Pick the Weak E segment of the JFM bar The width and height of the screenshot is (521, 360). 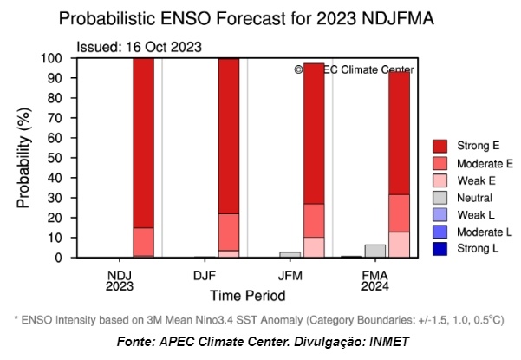pyautogui.click(x=313, y=247)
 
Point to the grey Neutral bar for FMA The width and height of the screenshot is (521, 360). pyautogui.click(x=374, y=251)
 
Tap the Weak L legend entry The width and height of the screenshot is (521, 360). pyautogui.click(x=472, y=213)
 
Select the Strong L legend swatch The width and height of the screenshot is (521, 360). pyautogui.click(x=440, y=248)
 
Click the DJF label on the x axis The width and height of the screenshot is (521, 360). pyautogui.click(x=205, y=274)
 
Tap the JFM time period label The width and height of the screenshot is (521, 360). pyautogui.click(x=290, y=274)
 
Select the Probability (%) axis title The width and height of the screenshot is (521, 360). pyautogui.click(x=24, y=158)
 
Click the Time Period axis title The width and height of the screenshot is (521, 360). pyautogui.click(x=246, y=296)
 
